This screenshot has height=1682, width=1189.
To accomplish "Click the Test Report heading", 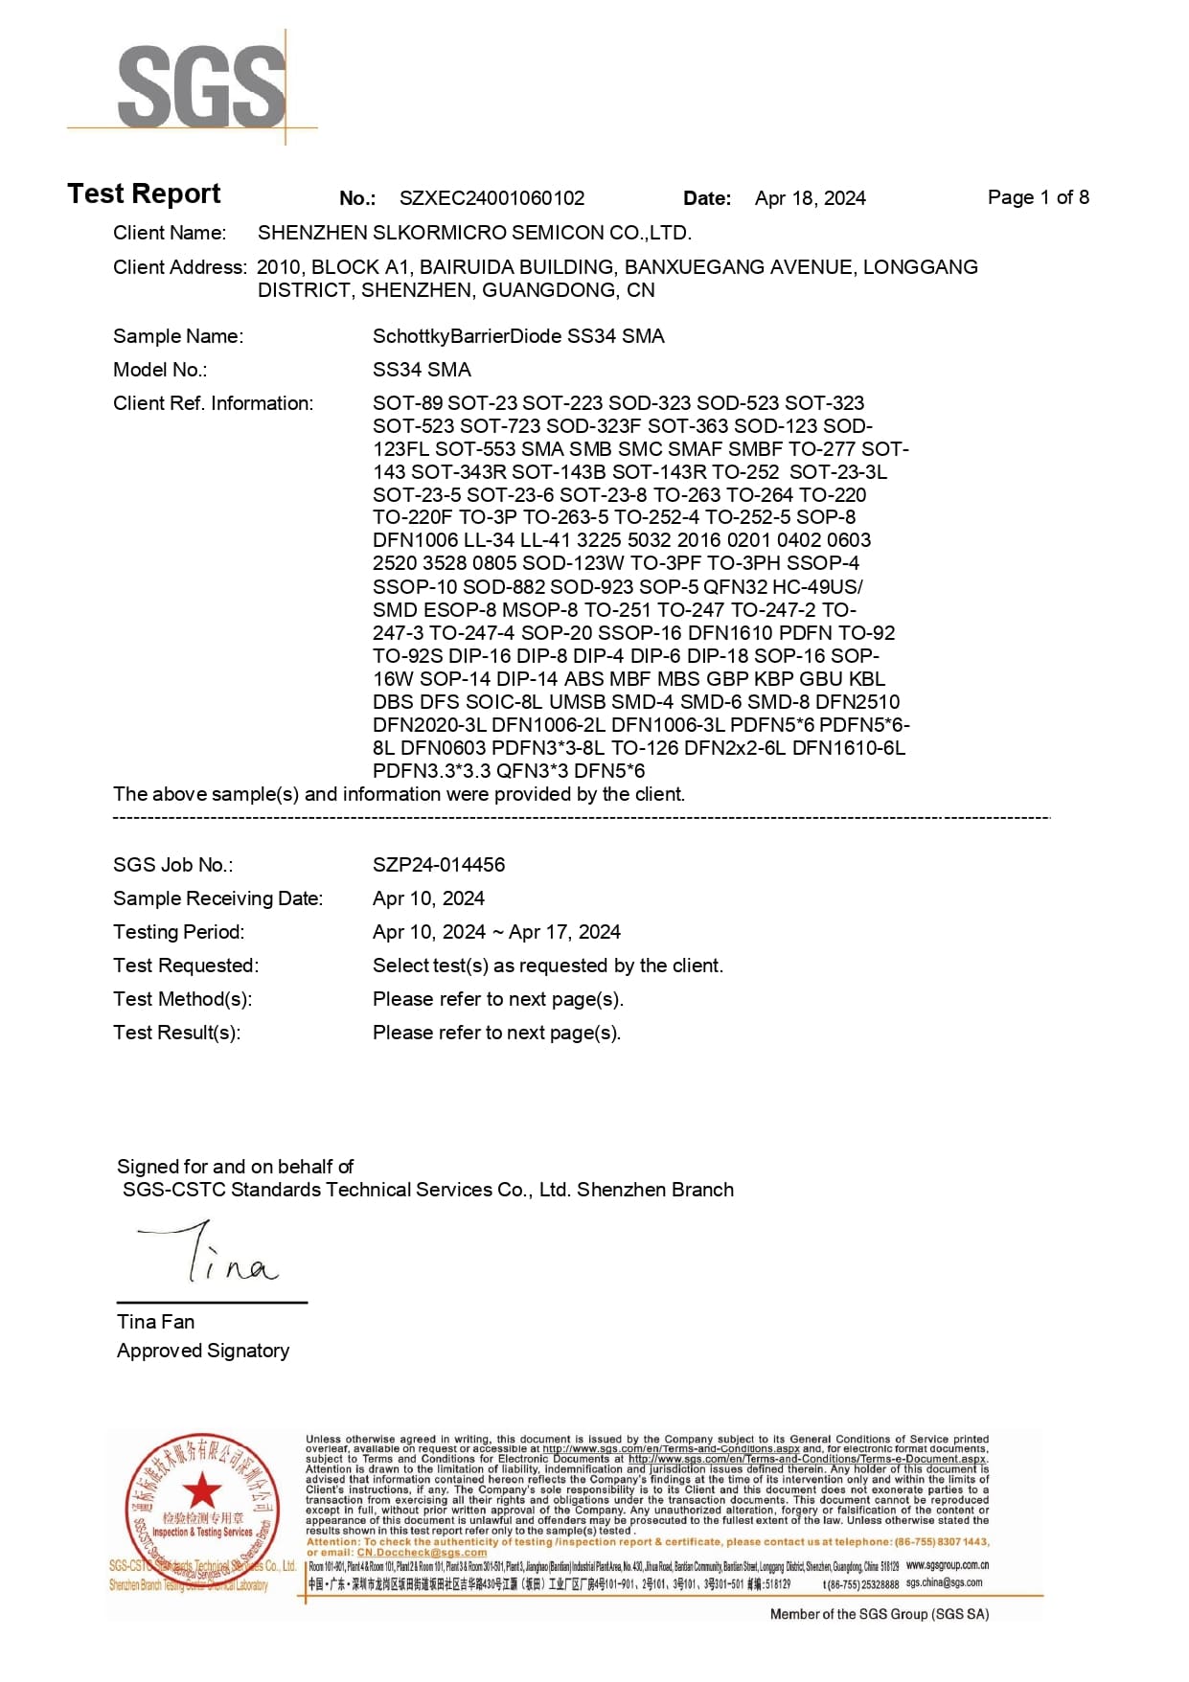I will (x=144, y=194).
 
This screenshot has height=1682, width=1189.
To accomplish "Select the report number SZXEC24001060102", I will (x=492, y=198).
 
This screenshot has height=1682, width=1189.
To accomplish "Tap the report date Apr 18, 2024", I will (x=810, y=198).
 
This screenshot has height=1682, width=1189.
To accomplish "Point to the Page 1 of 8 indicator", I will (x=1038, y=197).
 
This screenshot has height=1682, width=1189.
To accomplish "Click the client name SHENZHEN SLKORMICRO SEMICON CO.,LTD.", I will (x=474, y=233).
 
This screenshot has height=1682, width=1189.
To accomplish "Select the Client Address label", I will (x=179, y=267).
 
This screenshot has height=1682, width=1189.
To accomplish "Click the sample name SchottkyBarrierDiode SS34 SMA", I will (x=518, y=336).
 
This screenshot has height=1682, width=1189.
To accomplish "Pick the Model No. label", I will (x=160, y=370).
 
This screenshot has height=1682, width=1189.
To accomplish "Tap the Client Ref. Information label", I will (x=213, y=403).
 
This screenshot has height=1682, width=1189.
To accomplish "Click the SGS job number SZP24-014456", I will (x=439, y=865).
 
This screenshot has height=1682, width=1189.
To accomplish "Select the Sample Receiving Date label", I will (x=217, y=898).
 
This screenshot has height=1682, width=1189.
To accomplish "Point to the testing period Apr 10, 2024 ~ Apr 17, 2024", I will (x=496, y=932).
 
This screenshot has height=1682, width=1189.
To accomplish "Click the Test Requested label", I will (x=186, y=966).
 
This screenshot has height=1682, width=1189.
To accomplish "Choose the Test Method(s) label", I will (x=182, y=999).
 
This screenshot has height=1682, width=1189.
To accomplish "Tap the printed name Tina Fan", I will (x=155, y=1322).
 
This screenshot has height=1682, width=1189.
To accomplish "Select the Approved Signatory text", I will (x=203, y=1351).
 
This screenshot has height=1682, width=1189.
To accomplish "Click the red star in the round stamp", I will (x=202, y=1489).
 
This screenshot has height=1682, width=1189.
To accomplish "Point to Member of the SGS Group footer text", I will (x=879, y=1614).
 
